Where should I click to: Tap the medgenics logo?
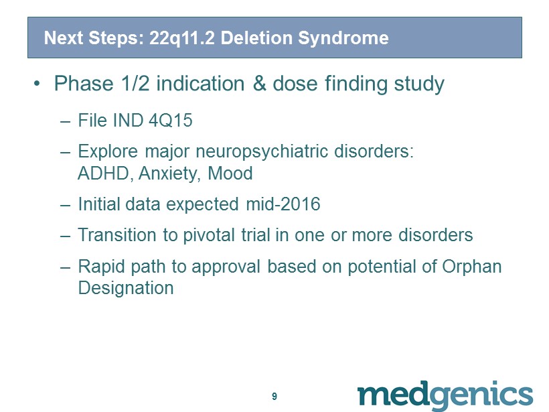(x=445, y=395)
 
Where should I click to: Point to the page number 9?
(x=274, y=396)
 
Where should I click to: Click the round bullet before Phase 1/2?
(x=37, y=84)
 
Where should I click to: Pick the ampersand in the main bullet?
(x=259, y=84)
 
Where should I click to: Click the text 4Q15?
(x=171, y=121)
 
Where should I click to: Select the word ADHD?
(x=103, y=174)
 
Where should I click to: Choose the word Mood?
(x=230, y=174)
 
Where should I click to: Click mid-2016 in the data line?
(x=283, y=204)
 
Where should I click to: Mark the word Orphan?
(x=471, y=267)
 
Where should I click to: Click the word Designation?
(x=126, y=289)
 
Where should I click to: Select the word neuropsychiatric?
(x=262, y=152)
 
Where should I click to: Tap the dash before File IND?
(x=66, y=122)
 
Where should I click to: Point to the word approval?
(x=226, y=267)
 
